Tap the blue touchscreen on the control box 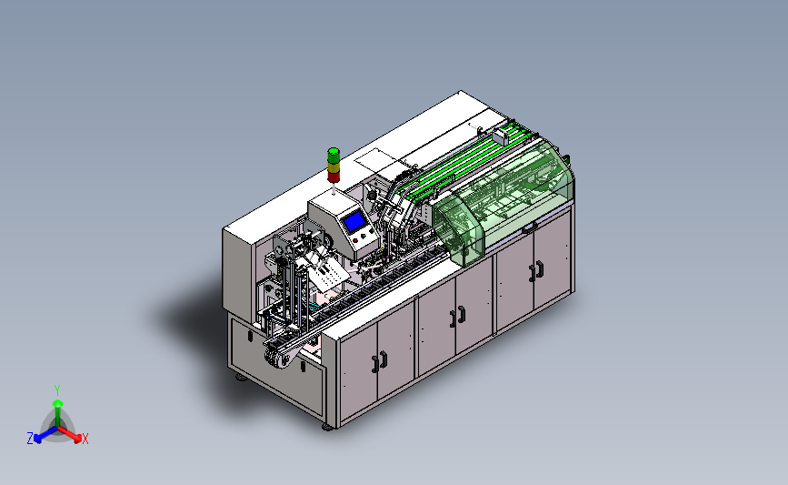(x=354, y=221)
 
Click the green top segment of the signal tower (x=334, y=154)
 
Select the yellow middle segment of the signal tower (x=334, y=166)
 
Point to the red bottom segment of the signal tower (x=334, y=177)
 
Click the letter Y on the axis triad (x=57, y=390)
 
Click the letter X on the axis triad (x=85, y=439)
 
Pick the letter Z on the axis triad (x=30, y=439)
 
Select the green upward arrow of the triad (x=58, y=413)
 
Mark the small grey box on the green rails (x=501, y=136)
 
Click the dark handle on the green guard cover (x=529, y=229)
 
